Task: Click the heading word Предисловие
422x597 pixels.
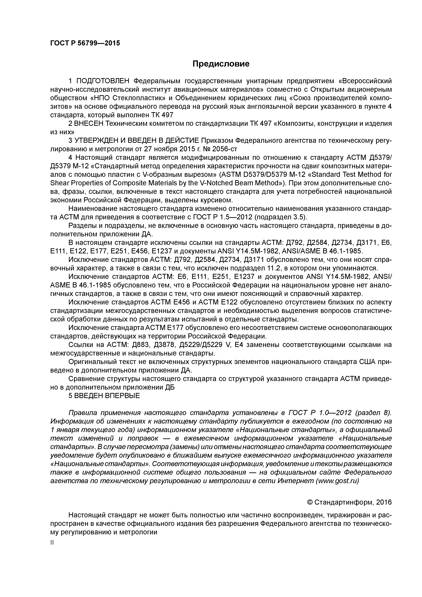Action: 221,64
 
